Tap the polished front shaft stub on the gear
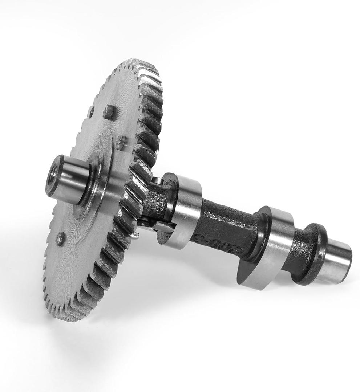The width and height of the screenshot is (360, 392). click(x=71, y=179)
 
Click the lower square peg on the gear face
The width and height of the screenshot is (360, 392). click(x=121, y=143)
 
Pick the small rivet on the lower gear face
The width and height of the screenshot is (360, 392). click(x=60, y=238)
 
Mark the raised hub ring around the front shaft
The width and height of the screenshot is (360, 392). click(x=95, y=189)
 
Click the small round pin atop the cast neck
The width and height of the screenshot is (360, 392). click(x=157, y=180)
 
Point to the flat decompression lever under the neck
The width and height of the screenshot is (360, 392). click(x=160, y=226)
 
